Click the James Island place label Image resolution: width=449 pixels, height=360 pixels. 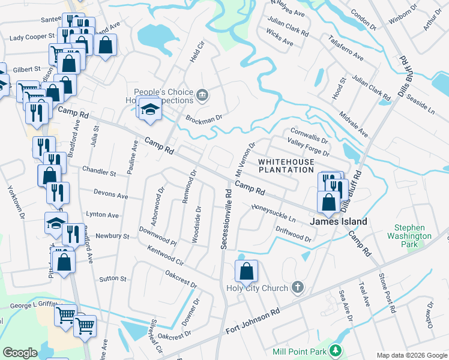338,221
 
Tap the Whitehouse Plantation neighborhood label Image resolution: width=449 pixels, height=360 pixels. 286,166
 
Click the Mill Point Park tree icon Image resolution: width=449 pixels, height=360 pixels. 336,350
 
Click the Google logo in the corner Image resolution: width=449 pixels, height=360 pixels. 20,353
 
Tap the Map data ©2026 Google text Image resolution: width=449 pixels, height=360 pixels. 411,355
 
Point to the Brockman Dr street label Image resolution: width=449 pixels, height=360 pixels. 204,118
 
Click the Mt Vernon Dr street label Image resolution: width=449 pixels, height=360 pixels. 247,156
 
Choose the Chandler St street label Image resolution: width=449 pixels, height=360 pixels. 99,173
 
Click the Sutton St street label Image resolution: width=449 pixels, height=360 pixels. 112,279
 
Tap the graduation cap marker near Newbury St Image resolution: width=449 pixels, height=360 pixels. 56,223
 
